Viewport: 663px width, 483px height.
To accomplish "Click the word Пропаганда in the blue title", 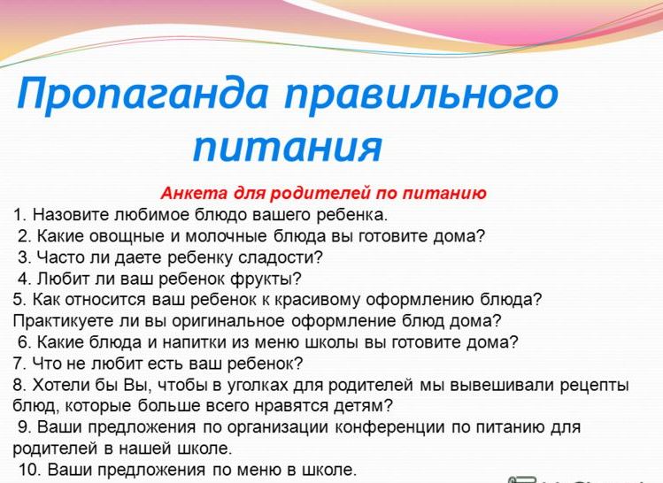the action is coord(142,95).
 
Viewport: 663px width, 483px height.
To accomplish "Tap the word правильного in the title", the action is coord(421,95).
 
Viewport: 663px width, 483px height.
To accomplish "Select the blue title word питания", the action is coord(288,147).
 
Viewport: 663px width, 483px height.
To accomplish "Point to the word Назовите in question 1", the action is coord(72,215).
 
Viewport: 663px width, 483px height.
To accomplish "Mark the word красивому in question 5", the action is coord(317,300).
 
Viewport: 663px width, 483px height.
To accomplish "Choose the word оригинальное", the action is coord(228,321).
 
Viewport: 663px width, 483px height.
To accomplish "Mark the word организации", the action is coord(278,427).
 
